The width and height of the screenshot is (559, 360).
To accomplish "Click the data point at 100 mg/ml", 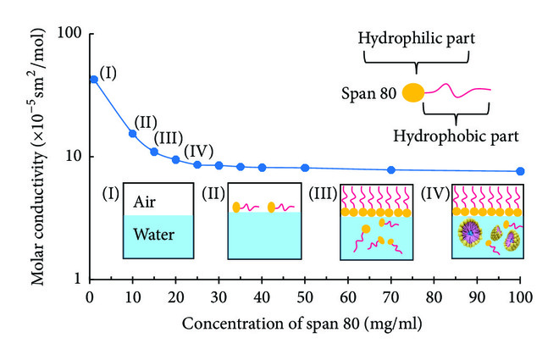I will tap(520, 171).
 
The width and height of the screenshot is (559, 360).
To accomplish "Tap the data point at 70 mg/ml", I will tap(390, 169).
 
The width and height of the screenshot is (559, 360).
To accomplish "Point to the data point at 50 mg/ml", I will tap(305, 168).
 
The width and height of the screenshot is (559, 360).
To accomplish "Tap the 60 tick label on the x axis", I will tap(348, 297).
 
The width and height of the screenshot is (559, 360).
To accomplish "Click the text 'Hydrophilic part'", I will tap(416, 38).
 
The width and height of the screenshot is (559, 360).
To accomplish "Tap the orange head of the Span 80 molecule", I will tap(412, 92).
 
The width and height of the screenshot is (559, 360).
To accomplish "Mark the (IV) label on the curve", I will tap(199, 150).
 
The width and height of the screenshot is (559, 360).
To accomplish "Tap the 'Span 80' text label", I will tap(373, 93).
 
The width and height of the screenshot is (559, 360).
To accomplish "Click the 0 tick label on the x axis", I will tap(90, 297).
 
